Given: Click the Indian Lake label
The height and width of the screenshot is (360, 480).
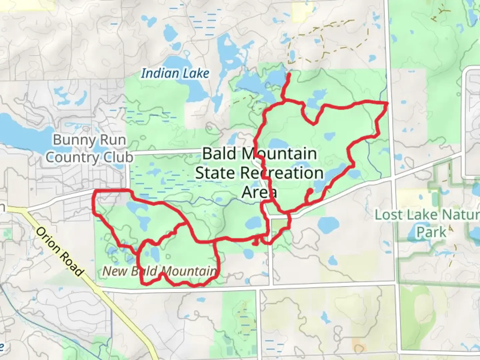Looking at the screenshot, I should (x=175, y=73).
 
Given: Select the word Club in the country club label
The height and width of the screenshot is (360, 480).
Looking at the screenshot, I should (x=118, y=157).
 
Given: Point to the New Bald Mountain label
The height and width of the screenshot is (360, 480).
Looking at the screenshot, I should (x=159, y=271).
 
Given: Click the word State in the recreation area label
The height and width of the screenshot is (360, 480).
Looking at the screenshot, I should (x=215, y=173).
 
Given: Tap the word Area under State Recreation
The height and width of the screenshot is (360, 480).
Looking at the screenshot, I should (x=259, y=192).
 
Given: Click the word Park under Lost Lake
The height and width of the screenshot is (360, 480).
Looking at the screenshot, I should (x=431, y=232).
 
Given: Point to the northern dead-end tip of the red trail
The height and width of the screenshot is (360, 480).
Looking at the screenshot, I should (x=289, y=74).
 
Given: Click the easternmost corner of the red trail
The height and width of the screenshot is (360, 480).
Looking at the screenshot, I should (x=387, y=104).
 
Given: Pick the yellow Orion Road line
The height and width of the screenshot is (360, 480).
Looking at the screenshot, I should (x=100, y=293).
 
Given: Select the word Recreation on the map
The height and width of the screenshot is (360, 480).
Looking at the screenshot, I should (x=282, y=173).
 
